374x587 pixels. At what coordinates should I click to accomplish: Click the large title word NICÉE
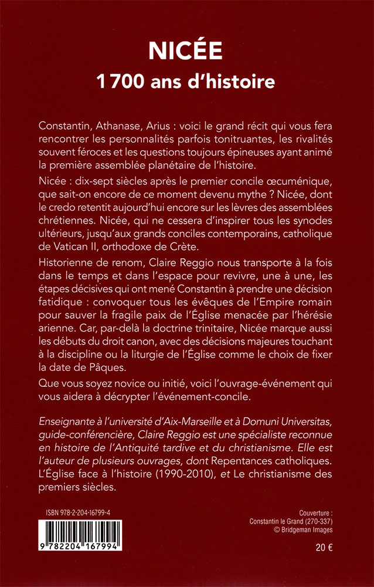187,52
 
